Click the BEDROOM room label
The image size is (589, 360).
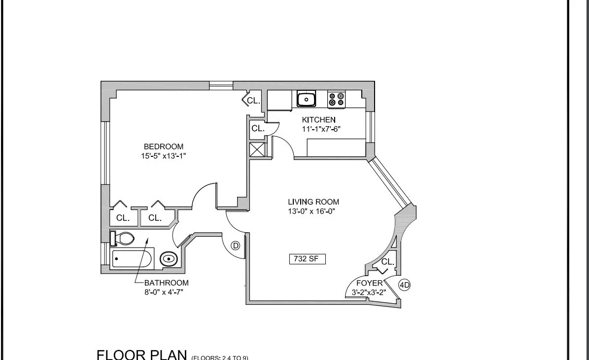[163, 146]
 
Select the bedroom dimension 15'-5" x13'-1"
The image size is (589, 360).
[163, 156]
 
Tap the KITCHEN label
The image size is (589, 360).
[319, 119]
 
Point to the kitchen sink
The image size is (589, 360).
[306, 100]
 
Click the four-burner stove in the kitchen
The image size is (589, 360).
[337, 100]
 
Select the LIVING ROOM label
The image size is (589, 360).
[313, 202]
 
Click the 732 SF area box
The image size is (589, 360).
[307, 259]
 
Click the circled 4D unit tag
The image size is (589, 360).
[404, 285]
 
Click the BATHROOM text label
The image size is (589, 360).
[166, 283]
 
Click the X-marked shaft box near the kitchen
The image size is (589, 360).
[257, 149]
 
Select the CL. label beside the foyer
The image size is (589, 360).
[388, 262]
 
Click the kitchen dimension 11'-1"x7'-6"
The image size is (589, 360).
[321, 129]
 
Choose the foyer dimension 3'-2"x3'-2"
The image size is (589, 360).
[365, 292]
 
